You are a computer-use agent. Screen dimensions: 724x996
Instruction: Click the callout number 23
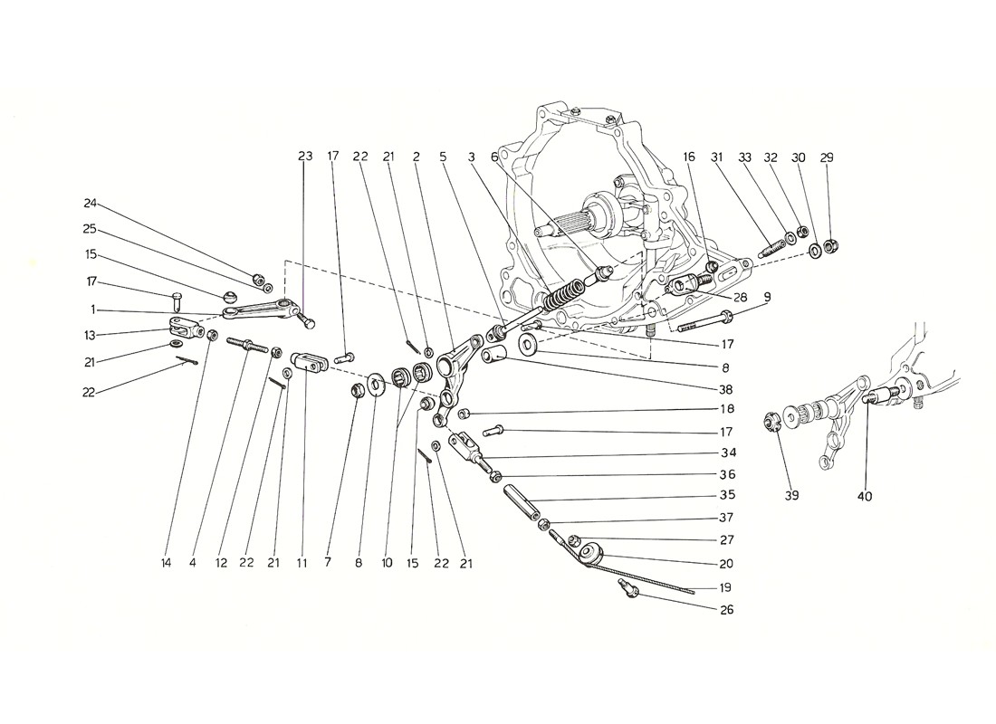coord(304,157)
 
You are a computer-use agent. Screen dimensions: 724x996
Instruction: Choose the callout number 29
coord(826,157)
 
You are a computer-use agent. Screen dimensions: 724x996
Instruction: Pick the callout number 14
coord(166,563)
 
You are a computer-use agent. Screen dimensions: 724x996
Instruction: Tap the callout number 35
coord(728,495)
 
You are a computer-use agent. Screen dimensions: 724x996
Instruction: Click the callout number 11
coord(302,563)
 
